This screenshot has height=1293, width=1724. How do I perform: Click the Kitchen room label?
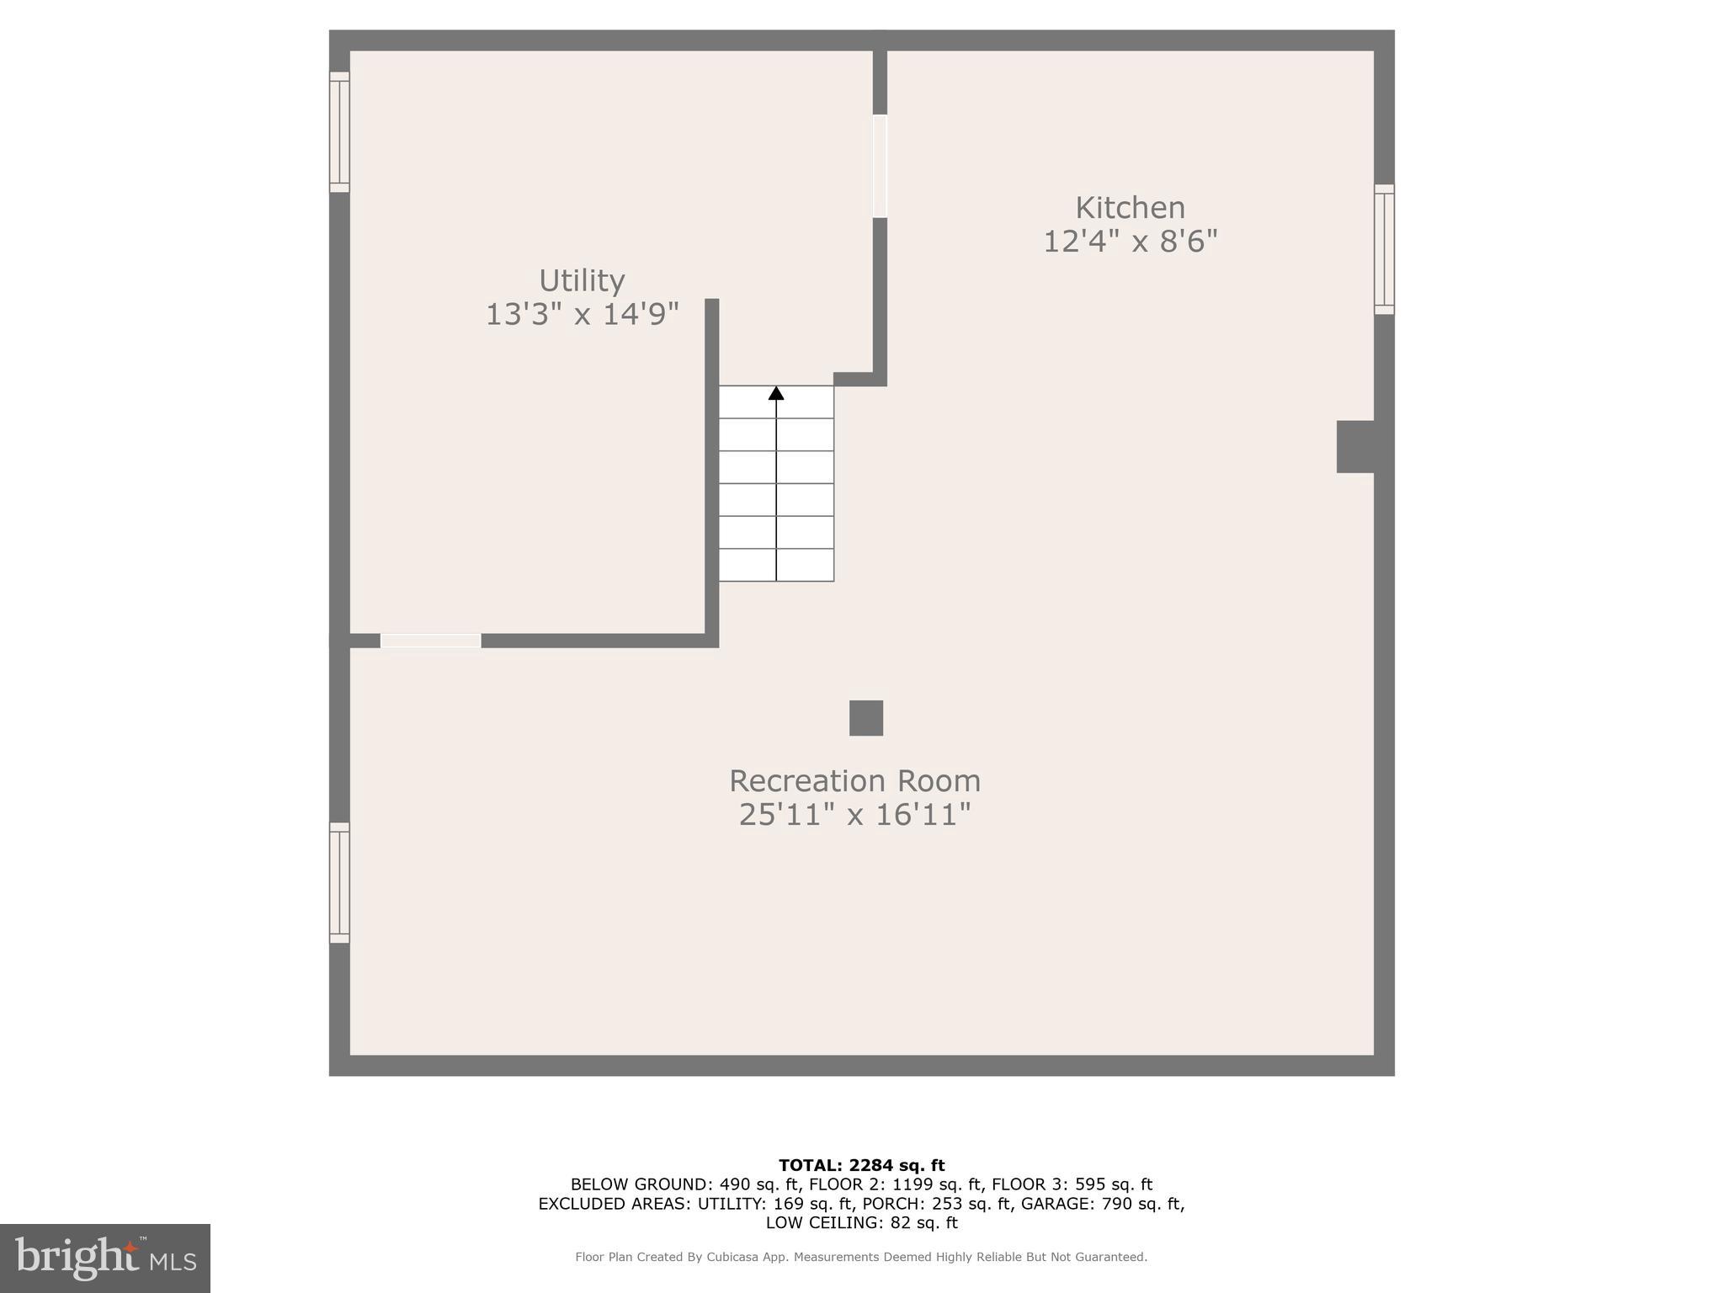click(1130, 208)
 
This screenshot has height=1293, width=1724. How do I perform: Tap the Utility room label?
click(582, 280)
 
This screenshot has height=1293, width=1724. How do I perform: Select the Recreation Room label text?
click(854, 781)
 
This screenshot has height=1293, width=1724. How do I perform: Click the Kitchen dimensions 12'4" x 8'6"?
click(1130, 242)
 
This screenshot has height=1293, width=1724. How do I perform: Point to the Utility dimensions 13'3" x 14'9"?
click(582, 315)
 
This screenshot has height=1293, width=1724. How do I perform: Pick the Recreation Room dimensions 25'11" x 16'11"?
click(854, 815)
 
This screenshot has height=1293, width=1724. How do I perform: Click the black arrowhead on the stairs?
click(776, 393)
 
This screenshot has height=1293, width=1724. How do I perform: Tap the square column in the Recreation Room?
click(865, 718)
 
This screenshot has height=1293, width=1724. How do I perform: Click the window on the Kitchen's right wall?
click(1384, 249)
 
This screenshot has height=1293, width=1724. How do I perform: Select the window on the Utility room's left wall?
click(339, 132)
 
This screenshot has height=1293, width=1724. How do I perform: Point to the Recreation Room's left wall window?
click(339, 882)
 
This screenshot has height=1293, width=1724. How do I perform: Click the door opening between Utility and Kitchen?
click(880, 166)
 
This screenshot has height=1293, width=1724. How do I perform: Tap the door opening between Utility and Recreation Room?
click(431, 641)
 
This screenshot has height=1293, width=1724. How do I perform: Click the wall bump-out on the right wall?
click(1354, 446)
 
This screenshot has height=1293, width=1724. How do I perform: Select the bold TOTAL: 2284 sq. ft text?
click(861, 1166)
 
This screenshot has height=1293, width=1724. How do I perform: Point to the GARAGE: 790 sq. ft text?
click(1102, 1204)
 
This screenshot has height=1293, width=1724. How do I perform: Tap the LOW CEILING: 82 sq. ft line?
click(861, 1223)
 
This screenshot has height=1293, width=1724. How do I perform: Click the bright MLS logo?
click(105, 1258)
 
